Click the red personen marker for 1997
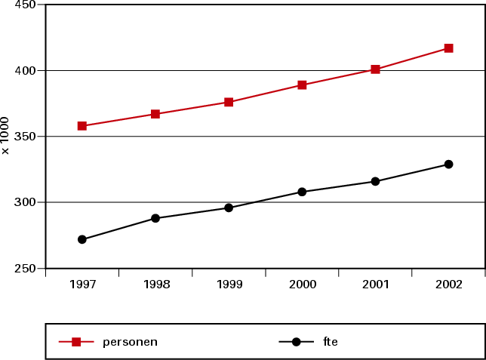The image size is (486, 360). point(82,126)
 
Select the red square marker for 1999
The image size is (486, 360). point(229,102)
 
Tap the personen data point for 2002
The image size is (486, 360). point(448,48)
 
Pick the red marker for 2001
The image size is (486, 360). point(375,69)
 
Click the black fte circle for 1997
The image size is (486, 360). point(82,239)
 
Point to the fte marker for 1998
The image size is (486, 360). point(155,218)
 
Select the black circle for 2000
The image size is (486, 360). point(302,192)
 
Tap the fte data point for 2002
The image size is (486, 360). point(448,164)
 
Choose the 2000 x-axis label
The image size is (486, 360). point(302,285)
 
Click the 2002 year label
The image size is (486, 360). point(448,285)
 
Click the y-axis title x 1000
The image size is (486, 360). point(7,136)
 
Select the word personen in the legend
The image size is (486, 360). point(130,342)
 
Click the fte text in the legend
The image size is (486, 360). point(330,342)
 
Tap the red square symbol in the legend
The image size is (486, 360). point(76,342)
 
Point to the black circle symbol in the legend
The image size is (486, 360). point(296,342)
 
